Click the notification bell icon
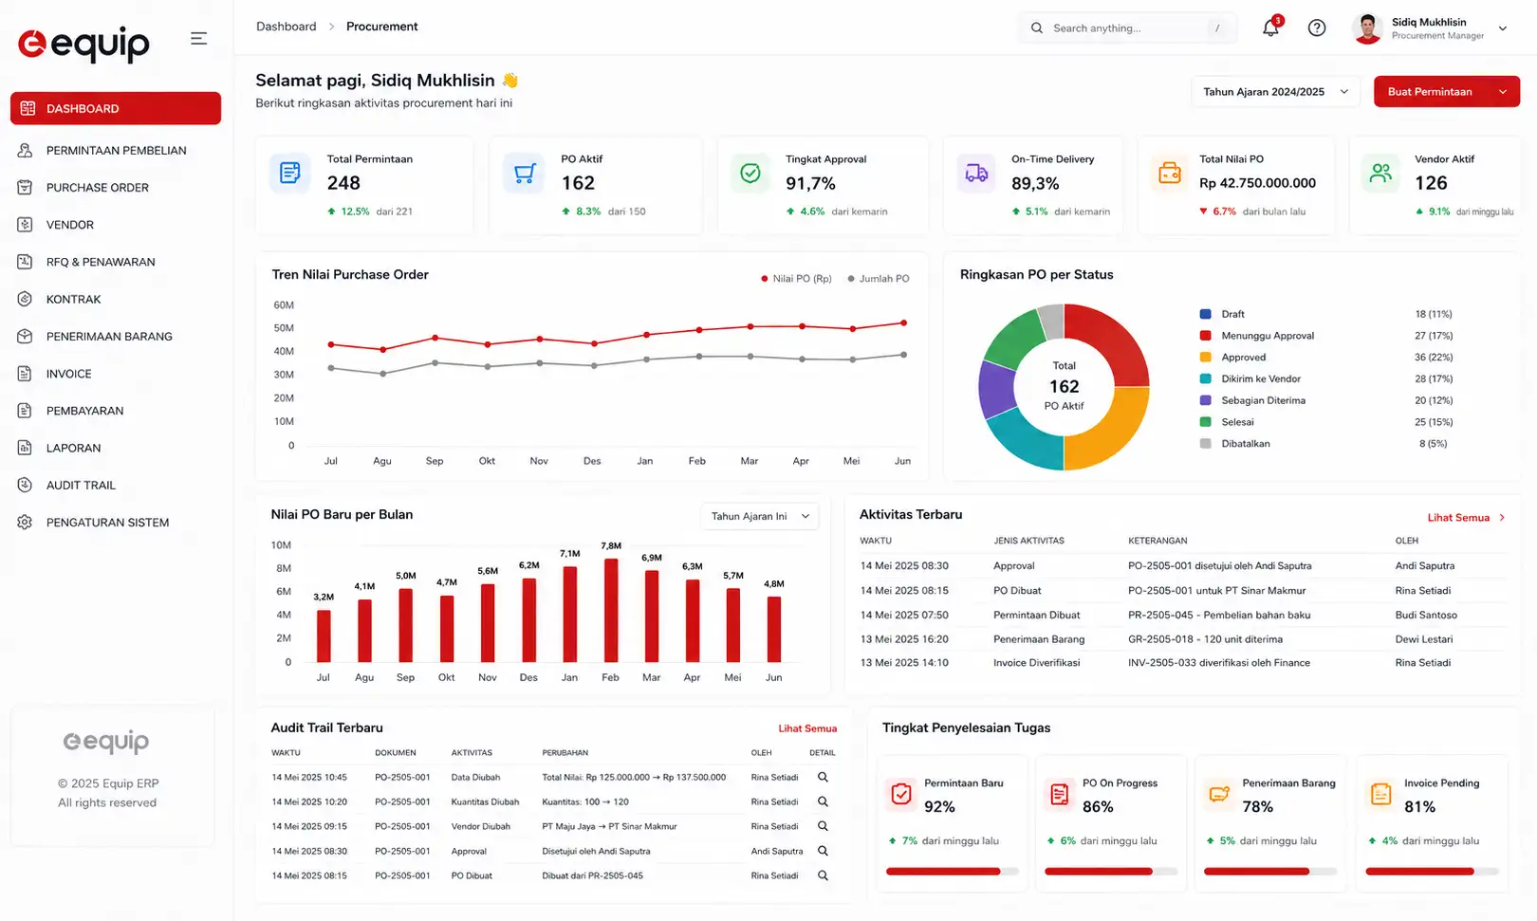[1270, 28]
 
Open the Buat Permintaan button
[1447, 92]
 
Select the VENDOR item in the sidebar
[69, 224]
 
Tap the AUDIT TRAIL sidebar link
[81, 485]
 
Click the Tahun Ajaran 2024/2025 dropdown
[1275, 92]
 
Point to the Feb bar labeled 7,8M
[611, 610]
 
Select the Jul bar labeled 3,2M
[324, 636]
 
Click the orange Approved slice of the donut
[1108, 429]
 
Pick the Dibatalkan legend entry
[1245, 444]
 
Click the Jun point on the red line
[903, 322]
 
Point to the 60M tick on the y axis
[284, 305]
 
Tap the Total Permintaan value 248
[343, 183]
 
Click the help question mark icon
[1316, 28]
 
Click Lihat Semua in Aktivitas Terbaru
[1458, 518]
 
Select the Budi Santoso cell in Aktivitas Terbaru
[1426, 616]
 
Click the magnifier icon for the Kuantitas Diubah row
[823, 801]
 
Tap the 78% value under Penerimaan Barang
[1257, 807]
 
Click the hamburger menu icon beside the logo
[198, 38]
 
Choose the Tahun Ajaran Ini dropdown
[760, 516]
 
